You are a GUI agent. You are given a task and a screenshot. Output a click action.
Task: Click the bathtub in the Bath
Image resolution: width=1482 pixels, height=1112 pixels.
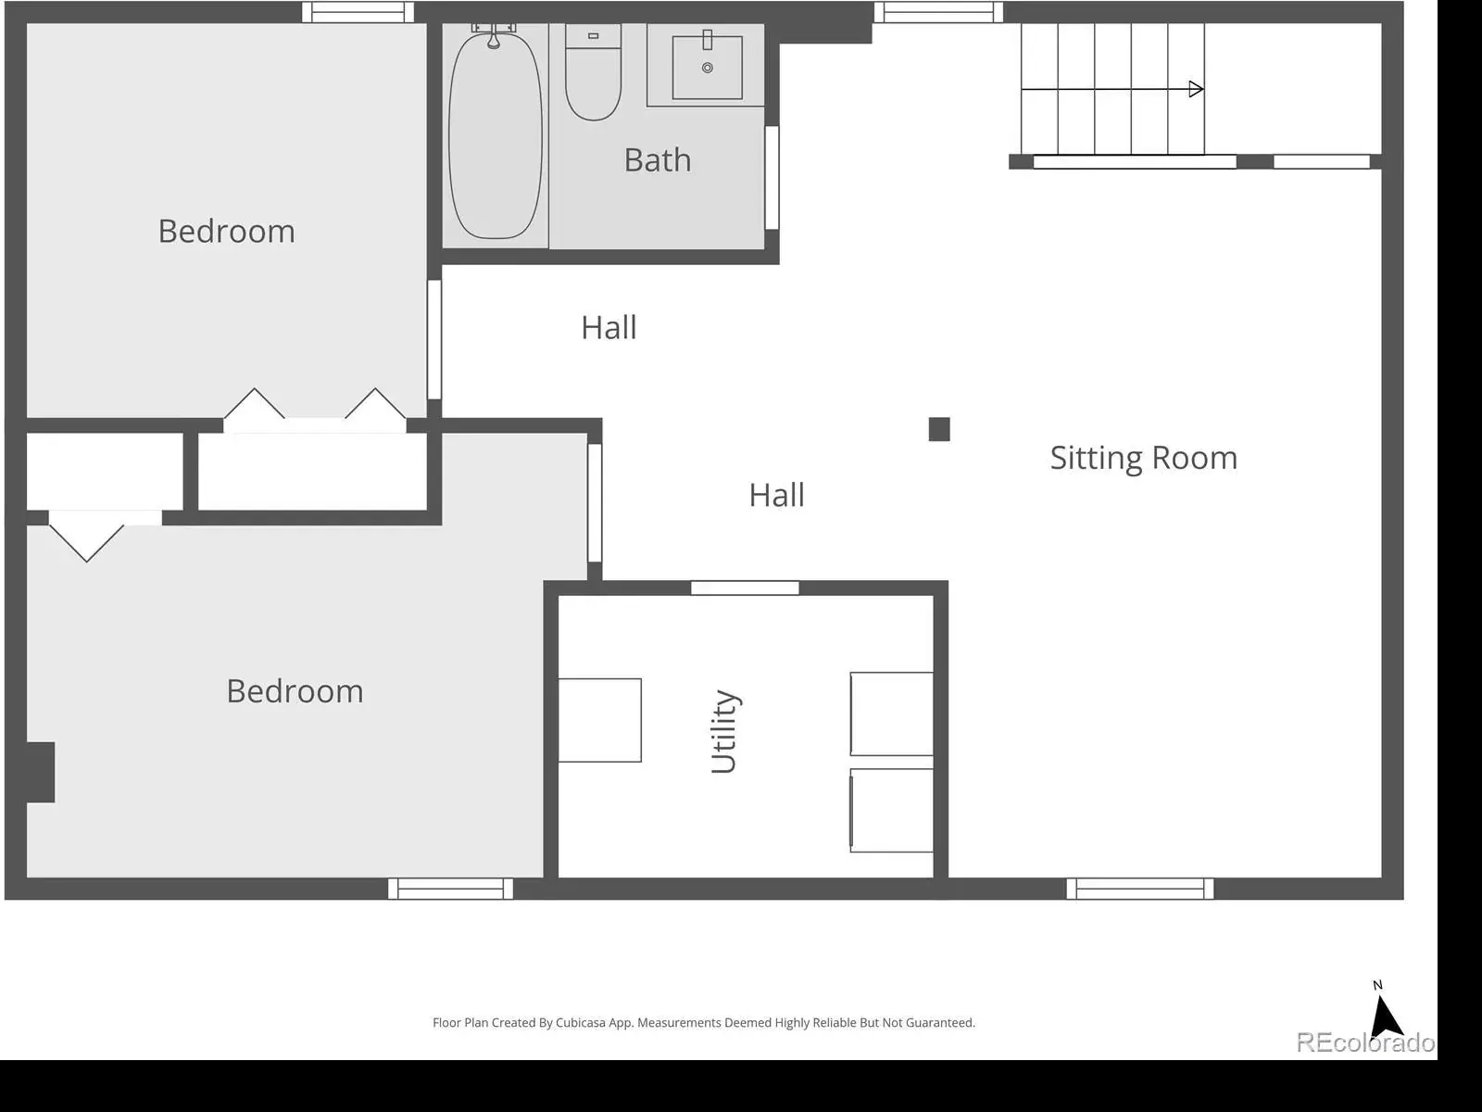point(495,135)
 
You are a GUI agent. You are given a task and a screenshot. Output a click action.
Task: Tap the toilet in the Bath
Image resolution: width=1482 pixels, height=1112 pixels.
point(593,73)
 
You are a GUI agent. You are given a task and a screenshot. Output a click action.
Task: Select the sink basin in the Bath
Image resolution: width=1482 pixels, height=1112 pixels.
point(707,68)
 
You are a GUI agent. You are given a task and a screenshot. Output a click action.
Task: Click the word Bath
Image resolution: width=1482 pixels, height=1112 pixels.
point(658,160)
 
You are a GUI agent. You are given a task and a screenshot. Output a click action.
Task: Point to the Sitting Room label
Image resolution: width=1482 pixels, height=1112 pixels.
point(1144,459)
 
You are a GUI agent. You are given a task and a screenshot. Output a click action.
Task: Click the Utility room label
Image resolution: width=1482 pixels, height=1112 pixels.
point(724,731)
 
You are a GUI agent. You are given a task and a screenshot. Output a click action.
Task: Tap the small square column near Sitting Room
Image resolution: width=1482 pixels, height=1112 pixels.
point(939,429)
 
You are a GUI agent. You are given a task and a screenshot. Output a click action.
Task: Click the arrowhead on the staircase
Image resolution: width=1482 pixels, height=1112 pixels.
point(1196,89)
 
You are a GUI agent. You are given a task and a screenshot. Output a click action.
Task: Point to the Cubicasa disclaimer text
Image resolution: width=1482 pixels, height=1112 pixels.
point(704,1023)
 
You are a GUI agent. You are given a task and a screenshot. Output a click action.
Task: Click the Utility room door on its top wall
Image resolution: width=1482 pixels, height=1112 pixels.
point(745,588)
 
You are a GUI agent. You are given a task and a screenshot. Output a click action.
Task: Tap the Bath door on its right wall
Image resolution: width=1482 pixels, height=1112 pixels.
point(772,178)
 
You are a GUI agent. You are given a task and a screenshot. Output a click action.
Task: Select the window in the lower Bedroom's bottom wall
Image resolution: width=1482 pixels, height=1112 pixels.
point(450,889)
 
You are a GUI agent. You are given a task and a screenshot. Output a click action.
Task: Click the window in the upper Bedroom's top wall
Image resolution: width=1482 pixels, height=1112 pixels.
point(358,12)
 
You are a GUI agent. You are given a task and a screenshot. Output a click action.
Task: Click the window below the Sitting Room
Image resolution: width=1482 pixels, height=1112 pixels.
point(1139,889)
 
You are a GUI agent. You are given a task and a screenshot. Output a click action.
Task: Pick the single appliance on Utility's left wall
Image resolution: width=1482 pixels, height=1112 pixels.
point(599,720)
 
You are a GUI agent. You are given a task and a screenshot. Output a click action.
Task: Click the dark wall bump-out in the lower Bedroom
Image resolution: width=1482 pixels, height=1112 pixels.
point(41,773)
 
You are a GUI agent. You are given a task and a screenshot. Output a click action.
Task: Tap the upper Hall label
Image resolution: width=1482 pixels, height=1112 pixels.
point(609,328)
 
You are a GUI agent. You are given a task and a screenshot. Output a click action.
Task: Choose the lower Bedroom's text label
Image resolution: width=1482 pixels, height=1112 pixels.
point(295,691)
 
